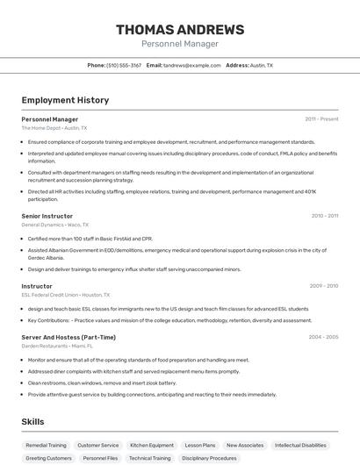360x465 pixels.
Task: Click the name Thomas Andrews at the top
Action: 179,29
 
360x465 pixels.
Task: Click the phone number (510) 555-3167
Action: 124,65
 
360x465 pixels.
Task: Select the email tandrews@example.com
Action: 191,65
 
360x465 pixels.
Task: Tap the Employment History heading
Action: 65,100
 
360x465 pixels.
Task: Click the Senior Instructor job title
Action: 47,216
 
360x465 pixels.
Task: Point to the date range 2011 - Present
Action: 321,119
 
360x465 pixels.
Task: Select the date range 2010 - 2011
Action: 324,216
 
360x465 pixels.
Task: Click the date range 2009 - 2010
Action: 323,286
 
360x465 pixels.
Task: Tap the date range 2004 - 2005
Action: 323,337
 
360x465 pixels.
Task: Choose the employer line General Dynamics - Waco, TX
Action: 55,225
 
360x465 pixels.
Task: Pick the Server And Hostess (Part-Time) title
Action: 68,337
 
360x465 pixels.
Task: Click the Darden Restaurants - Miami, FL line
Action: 58,346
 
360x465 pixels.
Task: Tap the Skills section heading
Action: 33,422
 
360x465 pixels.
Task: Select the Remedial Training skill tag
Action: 46,445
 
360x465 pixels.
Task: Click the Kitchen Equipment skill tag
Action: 152,445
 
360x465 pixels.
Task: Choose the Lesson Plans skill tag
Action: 200,445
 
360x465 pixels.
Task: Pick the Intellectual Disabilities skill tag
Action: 301,445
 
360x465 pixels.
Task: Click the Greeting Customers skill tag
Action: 48,458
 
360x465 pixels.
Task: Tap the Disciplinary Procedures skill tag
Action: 209,458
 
